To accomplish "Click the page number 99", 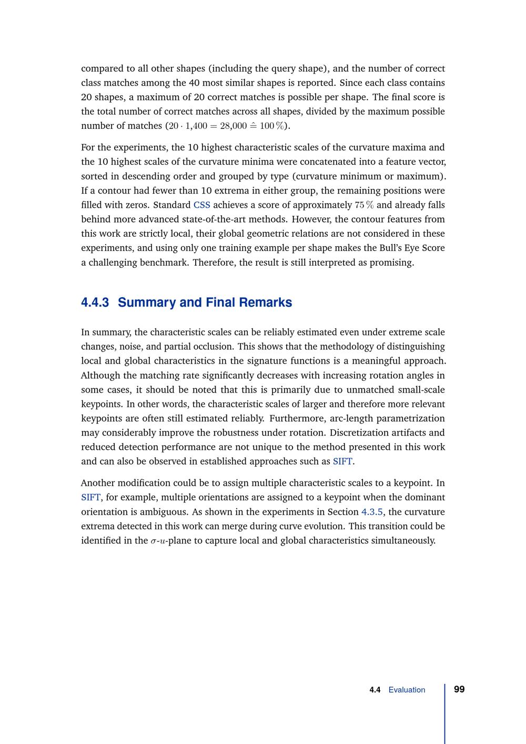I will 459,689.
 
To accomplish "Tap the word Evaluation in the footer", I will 407,690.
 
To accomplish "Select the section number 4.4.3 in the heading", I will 95,303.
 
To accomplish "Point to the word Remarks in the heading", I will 266,303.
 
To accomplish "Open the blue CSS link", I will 202,205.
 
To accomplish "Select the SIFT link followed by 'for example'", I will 91,497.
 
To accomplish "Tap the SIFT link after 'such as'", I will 342,461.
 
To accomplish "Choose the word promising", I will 391,262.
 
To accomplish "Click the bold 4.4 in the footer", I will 375,690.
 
